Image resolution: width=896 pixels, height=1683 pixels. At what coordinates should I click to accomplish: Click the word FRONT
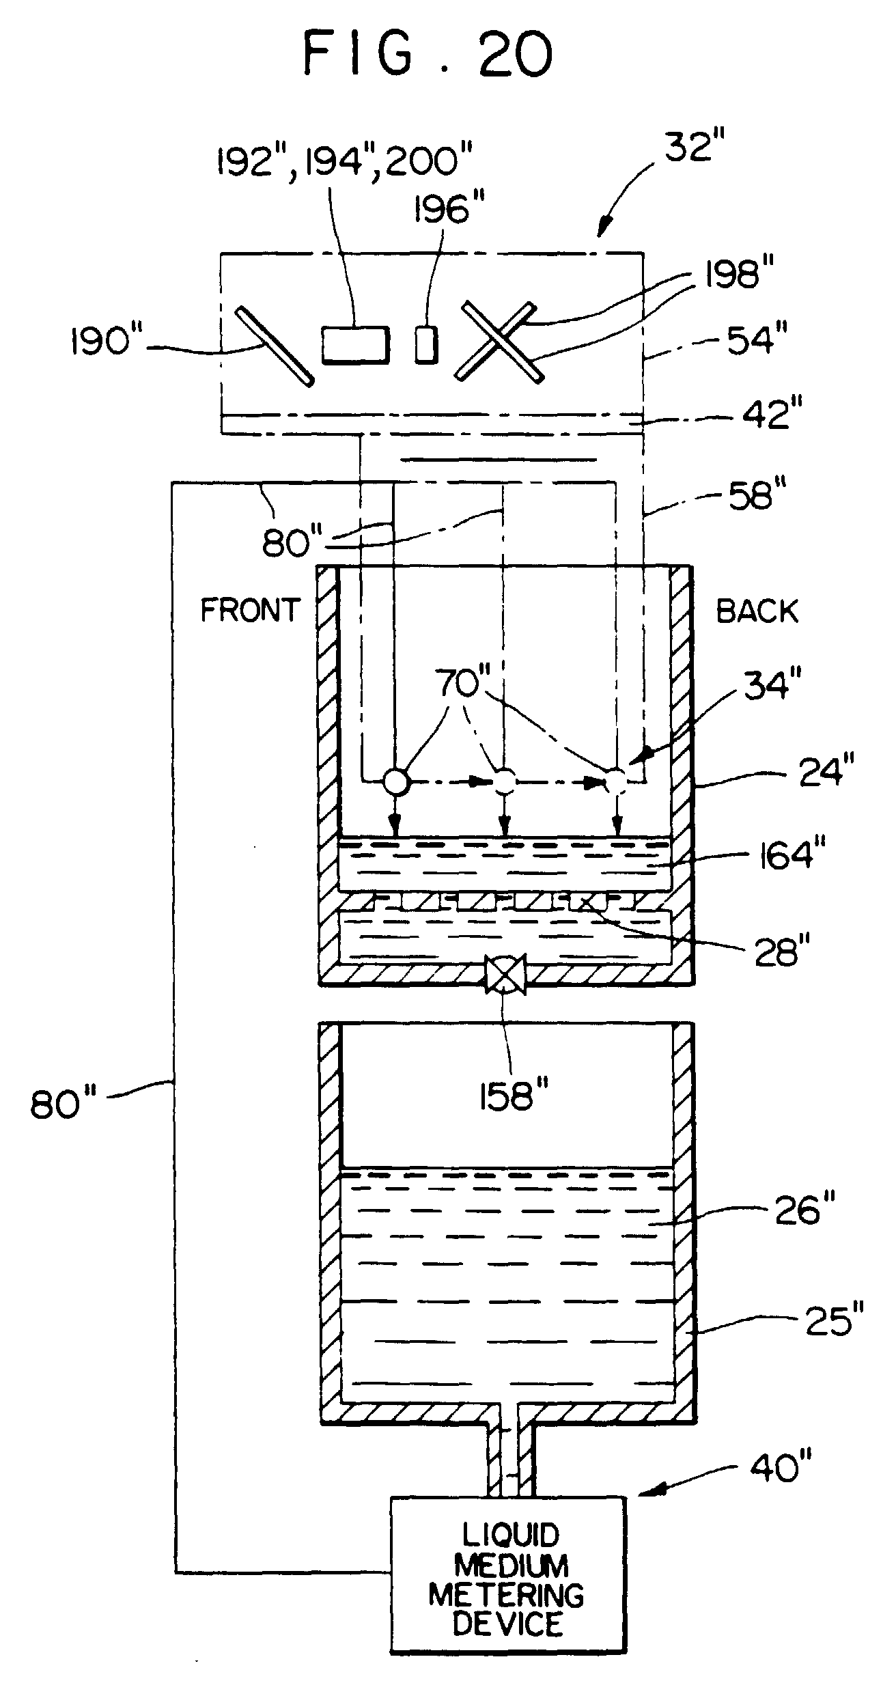click(250, 610)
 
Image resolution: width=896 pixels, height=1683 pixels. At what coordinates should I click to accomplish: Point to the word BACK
click(757, 611)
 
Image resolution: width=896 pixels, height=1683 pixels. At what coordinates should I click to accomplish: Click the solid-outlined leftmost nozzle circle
click(395, 781)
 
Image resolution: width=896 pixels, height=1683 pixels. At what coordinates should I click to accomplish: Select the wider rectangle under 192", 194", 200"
click(355, 344)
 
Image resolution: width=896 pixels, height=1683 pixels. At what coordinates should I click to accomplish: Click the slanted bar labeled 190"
click(275, 346)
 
